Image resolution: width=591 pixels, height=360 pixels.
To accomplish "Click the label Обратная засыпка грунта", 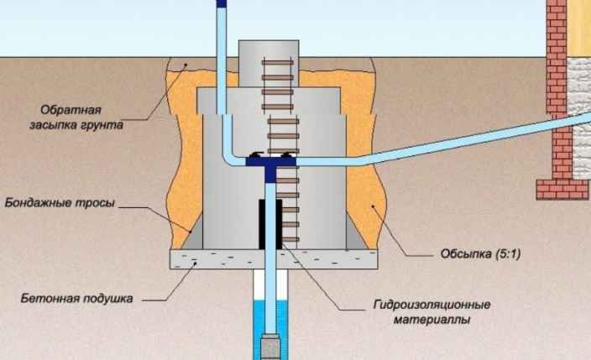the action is click(x=76, y=117).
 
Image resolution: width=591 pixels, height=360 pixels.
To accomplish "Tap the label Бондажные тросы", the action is click(x=60, y=203).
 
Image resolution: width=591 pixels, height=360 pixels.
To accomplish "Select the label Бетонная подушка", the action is click(x=77, y=299).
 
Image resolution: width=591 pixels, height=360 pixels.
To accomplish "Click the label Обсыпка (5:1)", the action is click(x=480, y=253).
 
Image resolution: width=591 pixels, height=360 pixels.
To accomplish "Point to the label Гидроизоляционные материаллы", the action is click(x=432, y=312).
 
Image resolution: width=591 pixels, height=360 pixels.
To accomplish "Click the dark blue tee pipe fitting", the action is click(x=270, y=167).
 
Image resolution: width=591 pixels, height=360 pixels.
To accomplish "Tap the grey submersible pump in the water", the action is click(x=270, y=346).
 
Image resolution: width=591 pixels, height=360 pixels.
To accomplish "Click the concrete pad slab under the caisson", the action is click(x=274, y=259).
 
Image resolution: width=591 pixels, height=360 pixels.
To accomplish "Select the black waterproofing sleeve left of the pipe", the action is click(x=262, y=224).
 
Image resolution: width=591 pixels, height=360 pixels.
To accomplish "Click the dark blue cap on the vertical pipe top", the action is click(x=222, y=3).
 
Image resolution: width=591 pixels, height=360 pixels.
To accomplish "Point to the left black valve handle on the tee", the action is click(x=255, y=154).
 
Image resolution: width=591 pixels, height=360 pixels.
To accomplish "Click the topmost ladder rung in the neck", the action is click(x=278, y=63).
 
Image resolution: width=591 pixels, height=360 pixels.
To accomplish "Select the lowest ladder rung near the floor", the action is click(x=290, y=239).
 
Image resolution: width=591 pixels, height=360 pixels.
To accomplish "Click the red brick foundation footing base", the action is click(x=562, y=190).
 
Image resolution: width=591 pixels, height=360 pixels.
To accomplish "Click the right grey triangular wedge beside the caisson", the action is click(x=355, y=236).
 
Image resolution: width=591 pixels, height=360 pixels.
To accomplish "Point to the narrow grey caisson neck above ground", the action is click(x=269, y=63).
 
